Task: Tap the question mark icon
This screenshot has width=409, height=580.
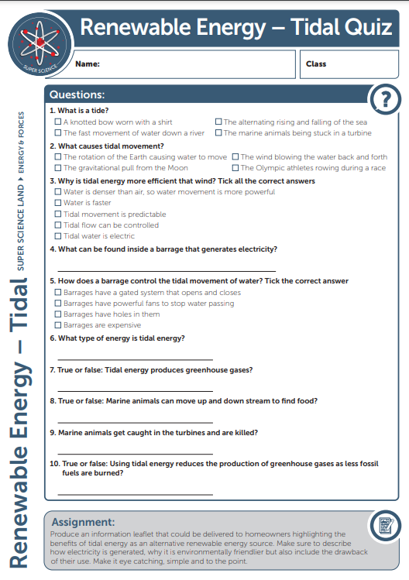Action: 385,99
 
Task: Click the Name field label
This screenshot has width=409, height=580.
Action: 88,64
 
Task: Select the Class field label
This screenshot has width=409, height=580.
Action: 316,64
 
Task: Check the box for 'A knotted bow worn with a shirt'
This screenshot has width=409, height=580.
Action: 58,122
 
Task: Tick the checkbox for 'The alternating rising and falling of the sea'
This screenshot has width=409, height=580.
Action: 218,122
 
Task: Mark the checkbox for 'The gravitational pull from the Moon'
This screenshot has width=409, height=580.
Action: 58,168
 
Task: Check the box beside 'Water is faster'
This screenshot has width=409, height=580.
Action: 58,203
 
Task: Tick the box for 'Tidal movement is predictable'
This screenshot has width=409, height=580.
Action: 58,214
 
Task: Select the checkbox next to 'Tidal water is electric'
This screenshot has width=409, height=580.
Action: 58,236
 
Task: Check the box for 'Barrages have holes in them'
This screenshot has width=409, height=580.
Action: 58,314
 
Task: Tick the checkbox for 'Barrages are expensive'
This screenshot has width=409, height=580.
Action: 58,325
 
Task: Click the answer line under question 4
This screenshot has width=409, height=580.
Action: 167,270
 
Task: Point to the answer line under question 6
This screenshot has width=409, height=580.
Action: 135,359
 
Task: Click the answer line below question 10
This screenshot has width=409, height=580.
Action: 135,493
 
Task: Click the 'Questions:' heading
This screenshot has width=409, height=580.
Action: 77,95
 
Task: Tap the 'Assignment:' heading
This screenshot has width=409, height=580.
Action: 83,523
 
